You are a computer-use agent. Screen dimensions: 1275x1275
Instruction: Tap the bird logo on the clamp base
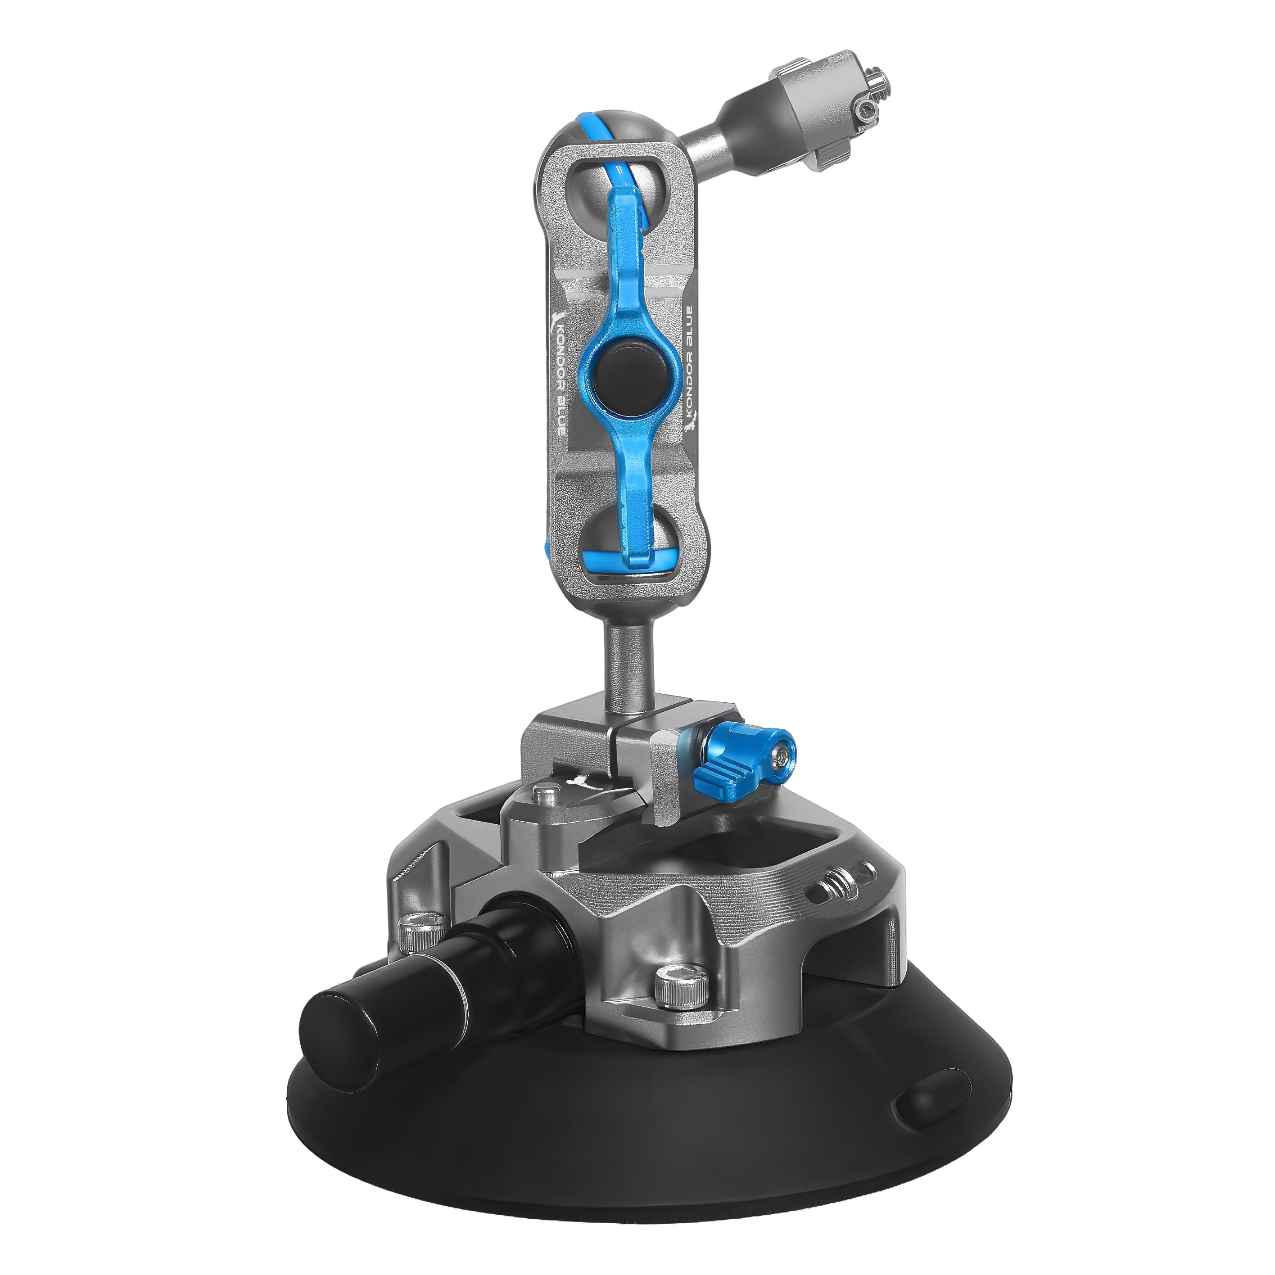click(581, 782)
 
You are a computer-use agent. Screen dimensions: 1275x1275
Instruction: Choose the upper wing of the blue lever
click(626, 251)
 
